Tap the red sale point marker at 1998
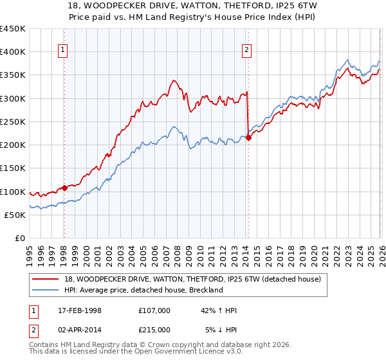pyautogui.click(x=64, y=188)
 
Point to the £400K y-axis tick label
pyautogui.click(x=13, y=52)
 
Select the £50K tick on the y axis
pyautogui.click(x=15, y=215)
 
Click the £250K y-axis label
pyautogui.click(x=13, y=122)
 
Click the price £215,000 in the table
pyautogui.click(x=154, y=330)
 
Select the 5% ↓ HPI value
pyautogui.click(x=221, y=330)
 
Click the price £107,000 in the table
pyautogui.click(x=154, y=310)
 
